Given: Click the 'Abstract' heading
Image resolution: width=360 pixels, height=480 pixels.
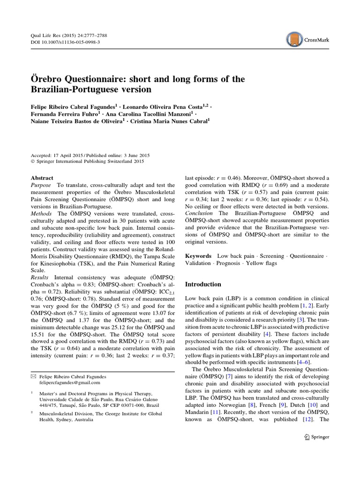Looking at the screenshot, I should (x=42, y=178).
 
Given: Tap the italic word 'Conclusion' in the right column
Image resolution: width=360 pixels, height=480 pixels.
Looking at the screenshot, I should (x=200, y=213).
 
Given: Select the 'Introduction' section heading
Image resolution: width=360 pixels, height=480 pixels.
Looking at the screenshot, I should (x=203, y=284).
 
